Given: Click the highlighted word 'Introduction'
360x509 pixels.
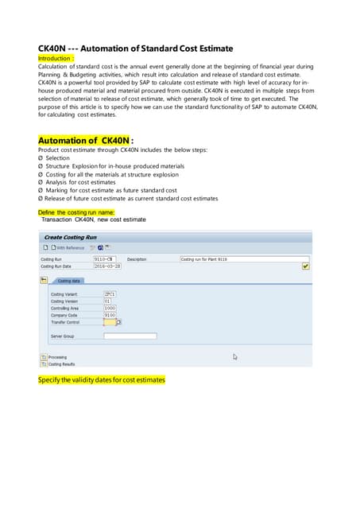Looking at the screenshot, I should (x=56, y=58).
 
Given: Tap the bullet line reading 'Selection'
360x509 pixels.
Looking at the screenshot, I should (x=57, y=158).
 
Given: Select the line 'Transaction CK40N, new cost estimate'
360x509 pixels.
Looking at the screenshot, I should (x=94, y=220).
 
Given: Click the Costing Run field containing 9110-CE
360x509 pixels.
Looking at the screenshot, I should (x=104, y=259).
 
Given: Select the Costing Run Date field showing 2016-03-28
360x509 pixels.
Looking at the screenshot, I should (x=108, y=266).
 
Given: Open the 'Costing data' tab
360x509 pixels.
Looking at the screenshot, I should (x=68, y=281).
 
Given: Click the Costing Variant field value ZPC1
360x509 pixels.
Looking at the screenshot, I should (x=110, y=293).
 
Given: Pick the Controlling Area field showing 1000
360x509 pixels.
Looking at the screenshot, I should (x=110, y=308).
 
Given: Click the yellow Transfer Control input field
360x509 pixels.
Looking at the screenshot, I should (x=109, y=322).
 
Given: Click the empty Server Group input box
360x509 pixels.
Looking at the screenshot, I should (x=130, y=336).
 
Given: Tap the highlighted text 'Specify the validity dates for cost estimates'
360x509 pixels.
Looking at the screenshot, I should (x=102, y=380).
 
